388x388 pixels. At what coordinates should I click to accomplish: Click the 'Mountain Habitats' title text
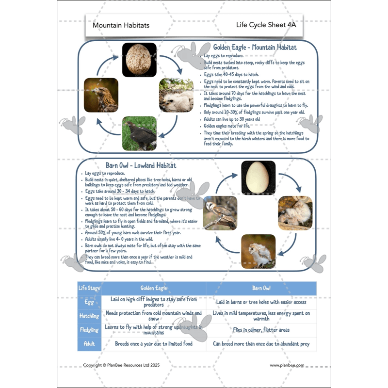(x=121, y=25)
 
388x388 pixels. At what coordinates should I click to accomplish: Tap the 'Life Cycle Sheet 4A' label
(x=266, y=25)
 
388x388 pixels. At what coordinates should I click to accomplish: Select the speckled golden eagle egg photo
(x=139, y=60)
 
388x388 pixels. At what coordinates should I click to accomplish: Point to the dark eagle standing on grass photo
(x=139, y=133)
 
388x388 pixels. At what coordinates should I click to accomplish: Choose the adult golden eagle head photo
(x=101, y=95)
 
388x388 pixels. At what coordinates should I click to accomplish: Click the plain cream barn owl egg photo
(x=258, y=178)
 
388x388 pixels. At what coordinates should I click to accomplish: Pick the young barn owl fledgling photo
(x=258, y=251)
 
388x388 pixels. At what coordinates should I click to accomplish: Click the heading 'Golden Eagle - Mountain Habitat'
(x=255, y=48)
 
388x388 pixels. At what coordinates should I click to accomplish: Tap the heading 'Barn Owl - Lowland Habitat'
(x=138, y=166)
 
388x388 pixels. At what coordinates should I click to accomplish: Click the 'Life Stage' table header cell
(x=89, y=288)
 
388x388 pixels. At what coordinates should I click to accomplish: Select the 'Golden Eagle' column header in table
(x=154, y=288)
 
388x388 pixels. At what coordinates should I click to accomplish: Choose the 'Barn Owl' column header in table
(x=261, y=288)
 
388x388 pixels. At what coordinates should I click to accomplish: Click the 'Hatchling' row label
(x=89, y=316)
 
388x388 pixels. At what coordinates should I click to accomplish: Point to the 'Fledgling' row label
(x=89, y=330)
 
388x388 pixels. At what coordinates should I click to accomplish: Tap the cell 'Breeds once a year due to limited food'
(x=154, y=344)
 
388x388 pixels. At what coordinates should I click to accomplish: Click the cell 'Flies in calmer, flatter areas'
(x=261, y=330)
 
